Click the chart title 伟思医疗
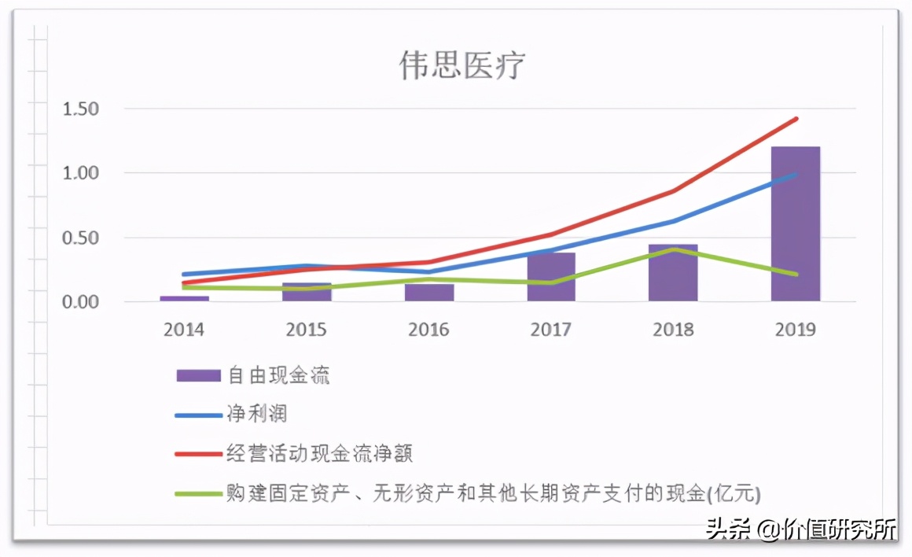462,66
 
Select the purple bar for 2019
795,223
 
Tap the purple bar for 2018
673,273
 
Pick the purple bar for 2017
551,277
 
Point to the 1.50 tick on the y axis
81,109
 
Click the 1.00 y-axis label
81,173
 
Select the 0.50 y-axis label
81,238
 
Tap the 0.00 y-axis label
81,302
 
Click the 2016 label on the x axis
428,330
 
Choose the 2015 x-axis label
306,330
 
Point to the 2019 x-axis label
795,330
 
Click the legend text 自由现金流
279,375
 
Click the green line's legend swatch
198,494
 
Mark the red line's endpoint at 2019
796,119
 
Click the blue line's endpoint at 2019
796,174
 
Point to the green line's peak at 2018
673,249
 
